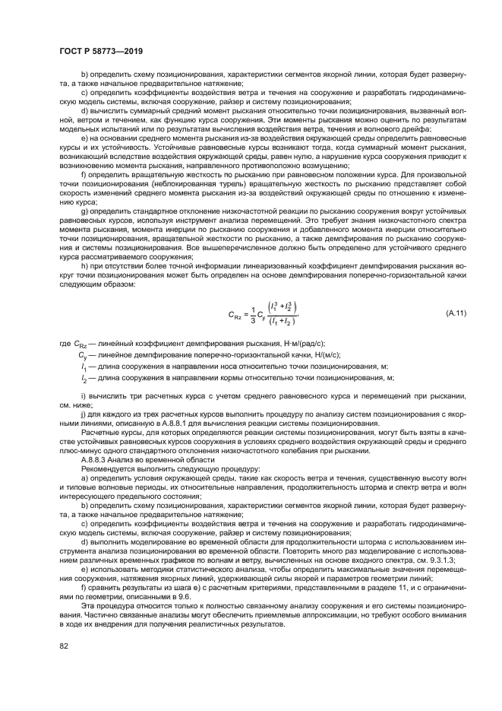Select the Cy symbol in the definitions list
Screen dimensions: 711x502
coord(84,355)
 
